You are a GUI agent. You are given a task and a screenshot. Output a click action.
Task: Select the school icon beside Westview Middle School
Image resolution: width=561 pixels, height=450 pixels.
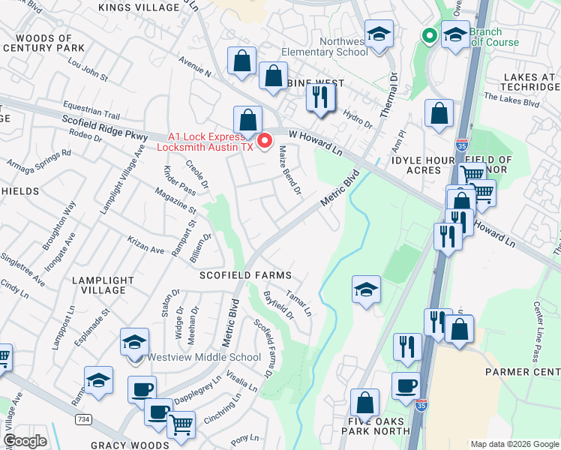pyautogui.click(x=135, y=343)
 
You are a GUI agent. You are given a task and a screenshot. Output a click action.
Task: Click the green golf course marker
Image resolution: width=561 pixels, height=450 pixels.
pyautogui.click(x=429, y=34)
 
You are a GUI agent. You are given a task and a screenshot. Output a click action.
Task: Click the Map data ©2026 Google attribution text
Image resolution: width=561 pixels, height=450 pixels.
pyautogui.click(x=514, y=444)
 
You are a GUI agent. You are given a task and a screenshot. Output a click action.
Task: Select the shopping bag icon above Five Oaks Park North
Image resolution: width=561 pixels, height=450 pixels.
pyautogui.click(x=364, y=402)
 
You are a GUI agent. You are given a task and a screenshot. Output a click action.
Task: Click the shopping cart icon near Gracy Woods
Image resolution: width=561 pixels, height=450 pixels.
pyautogui.click(x=180, y=424)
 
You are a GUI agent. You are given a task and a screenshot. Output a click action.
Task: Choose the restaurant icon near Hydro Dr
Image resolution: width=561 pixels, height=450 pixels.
pyautogui.click(x=320, y=97)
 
